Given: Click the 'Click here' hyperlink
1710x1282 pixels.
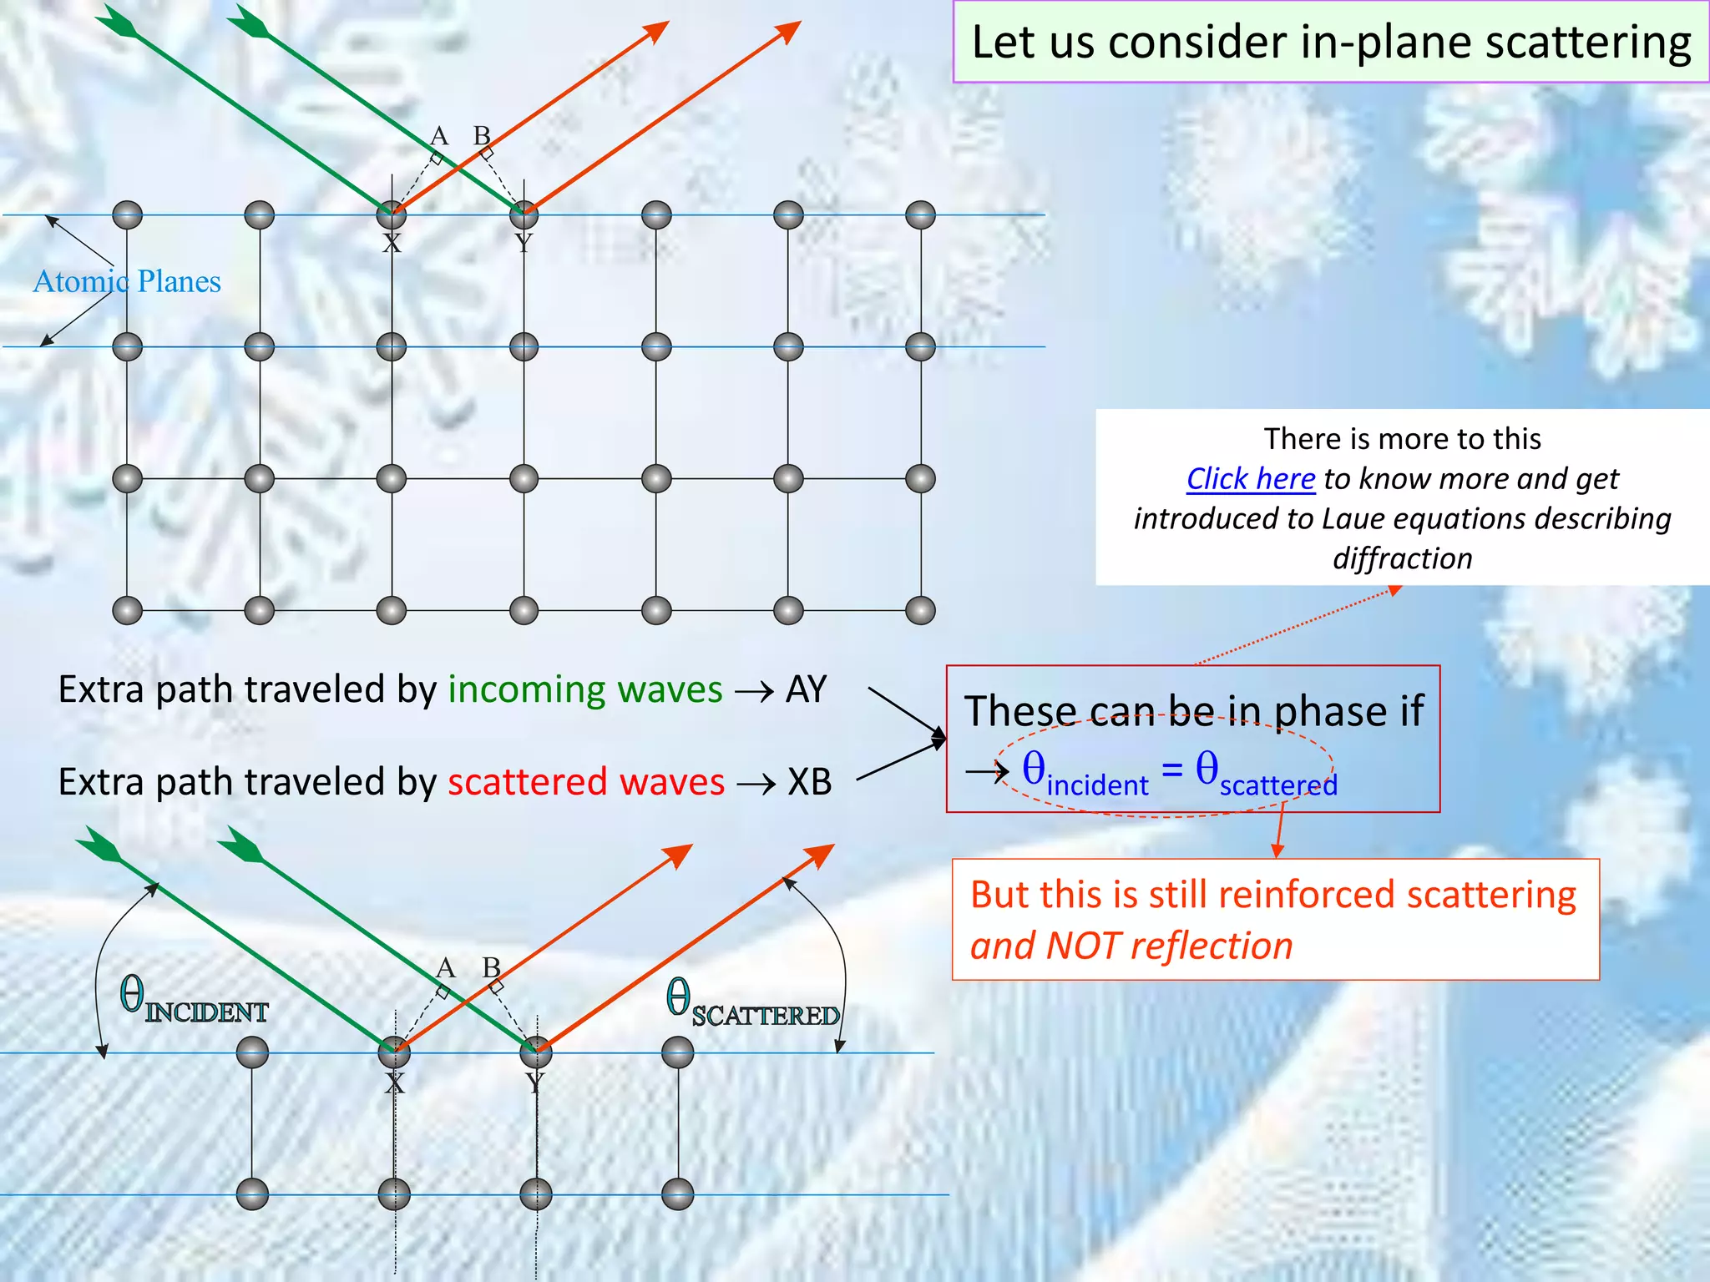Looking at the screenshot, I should pos(1250,479).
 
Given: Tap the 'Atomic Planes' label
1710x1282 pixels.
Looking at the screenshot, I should pos(127,282).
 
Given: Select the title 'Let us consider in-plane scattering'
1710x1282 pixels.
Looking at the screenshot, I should pos(1331,42).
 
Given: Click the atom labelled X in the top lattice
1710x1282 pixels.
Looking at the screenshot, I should pos(391,215).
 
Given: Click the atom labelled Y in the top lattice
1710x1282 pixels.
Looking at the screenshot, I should pos(524,215).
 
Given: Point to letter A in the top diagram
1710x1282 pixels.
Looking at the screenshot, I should pos(439,135).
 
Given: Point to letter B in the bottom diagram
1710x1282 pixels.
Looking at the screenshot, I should pos(491,967).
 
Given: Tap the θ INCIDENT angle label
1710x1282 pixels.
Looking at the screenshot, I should pos(193,998).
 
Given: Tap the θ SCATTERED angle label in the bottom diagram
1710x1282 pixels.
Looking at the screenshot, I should pos(751,1002).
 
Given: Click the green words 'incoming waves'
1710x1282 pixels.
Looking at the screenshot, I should pos(584,690).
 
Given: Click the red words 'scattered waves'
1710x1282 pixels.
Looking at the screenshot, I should pos(585,782).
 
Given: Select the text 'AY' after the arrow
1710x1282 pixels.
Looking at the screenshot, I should pos(806,690).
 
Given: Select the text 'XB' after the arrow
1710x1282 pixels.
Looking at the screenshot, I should pos(809,782).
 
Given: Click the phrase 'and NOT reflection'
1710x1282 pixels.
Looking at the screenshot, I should pos(1131,946).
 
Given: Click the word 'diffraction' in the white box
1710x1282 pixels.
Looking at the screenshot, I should pos(1402,558).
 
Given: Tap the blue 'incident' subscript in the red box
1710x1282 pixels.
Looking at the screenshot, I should pos(1097,785).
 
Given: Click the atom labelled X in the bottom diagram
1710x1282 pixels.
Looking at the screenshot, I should pos(394,1052).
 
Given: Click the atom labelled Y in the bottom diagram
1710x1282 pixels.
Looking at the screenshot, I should pos(535,1052).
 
